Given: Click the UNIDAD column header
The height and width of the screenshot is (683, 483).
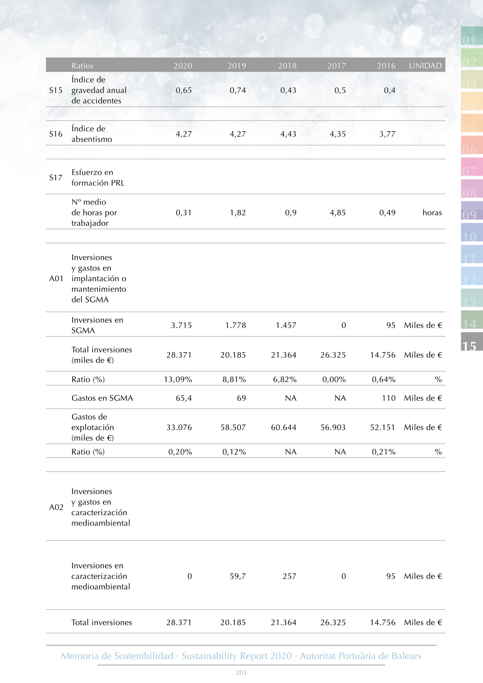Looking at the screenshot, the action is click(x=425, y=66).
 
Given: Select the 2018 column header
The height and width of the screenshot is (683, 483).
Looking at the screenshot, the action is click(x=287, y=66).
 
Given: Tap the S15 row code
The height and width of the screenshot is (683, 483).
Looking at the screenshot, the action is click(x=56, y=90).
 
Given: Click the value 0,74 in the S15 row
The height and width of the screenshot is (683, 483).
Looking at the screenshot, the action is click(x=238, y=90).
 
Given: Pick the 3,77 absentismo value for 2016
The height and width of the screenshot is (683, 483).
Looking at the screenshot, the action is click(x=387, y=134).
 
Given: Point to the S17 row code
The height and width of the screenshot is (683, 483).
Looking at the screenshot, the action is click(x=56, y=178).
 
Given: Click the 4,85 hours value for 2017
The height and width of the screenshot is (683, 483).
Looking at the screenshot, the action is click(x=338, y=213).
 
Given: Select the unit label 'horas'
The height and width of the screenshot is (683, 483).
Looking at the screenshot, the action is click(x=432, y=213).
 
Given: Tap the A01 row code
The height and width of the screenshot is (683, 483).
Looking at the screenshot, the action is click(x=56, y=278).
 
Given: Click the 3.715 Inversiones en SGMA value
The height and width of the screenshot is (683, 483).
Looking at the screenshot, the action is click(x=181, y=325).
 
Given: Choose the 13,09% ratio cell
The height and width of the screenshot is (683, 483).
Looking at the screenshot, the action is click(x=178, y=379).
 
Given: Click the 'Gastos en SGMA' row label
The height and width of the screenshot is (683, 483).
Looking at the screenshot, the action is click(x=102, y=398).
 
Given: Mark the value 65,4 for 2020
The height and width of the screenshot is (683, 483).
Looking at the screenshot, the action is click(x=184, y=398).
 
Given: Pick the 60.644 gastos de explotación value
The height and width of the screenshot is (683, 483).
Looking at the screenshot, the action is click(x=284, y=427).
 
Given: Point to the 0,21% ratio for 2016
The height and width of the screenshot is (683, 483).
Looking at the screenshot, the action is click(x=384, y=452).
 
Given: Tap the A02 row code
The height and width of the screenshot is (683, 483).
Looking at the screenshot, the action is click(x=56, y=507).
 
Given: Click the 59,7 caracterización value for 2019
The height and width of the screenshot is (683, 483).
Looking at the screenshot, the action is click(x=238, y=576).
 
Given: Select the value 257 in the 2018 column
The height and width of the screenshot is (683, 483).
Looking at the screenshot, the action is click(x=290, y=576).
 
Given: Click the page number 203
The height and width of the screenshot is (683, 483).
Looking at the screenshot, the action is click(x=241, y=672).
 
